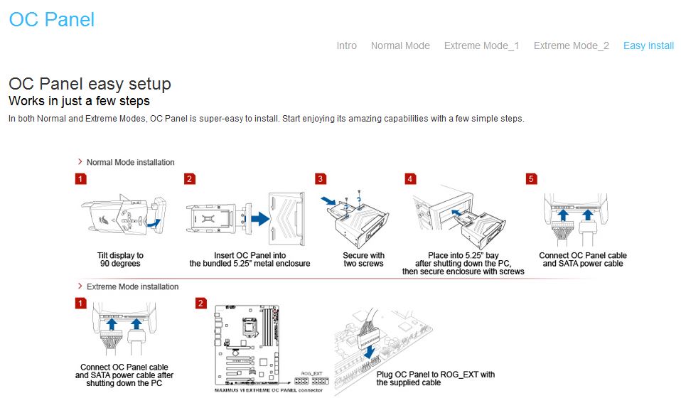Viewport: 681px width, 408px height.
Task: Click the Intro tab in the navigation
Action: click(x=347, y=45)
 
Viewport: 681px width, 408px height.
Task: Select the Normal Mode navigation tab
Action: click(x=400, y=45)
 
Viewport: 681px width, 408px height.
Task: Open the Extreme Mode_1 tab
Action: click(x=481, y=45)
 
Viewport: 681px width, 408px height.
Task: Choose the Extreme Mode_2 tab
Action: click(x=571, y=45)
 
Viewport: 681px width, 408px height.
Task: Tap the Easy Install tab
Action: click(x=648, y=45)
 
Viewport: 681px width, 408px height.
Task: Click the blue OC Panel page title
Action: click(x=52, y=20)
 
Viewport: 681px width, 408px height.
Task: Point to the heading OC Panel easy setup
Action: click(x=90, y=84)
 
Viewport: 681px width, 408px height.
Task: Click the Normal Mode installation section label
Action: click(x=130, y=162)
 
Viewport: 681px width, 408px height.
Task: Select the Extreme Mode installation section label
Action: click(x=132, y=286)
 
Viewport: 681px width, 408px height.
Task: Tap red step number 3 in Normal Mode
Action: click(x=321, y=179)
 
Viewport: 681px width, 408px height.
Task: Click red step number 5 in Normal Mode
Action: click(x=531, y=179)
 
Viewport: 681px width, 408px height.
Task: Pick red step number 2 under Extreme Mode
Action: click(x=200, y=304)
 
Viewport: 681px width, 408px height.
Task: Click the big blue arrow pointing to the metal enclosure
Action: click(x=260, y=218)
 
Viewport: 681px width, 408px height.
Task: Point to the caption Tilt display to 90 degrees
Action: click(x=120, y=259)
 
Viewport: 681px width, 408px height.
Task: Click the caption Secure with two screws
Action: click(x=363, y=259)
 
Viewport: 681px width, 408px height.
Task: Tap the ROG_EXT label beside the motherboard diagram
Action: click(x=311, y=374)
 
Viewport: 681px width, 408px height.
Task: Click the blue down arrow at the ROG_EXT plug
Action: click(x=370, y=352)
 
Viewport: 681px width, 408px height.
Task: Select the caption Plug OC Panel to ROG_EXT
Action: click(x=435, y=378)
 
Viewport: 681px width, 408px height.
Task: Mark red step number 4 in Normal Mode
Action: click(x=410, y=179)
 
